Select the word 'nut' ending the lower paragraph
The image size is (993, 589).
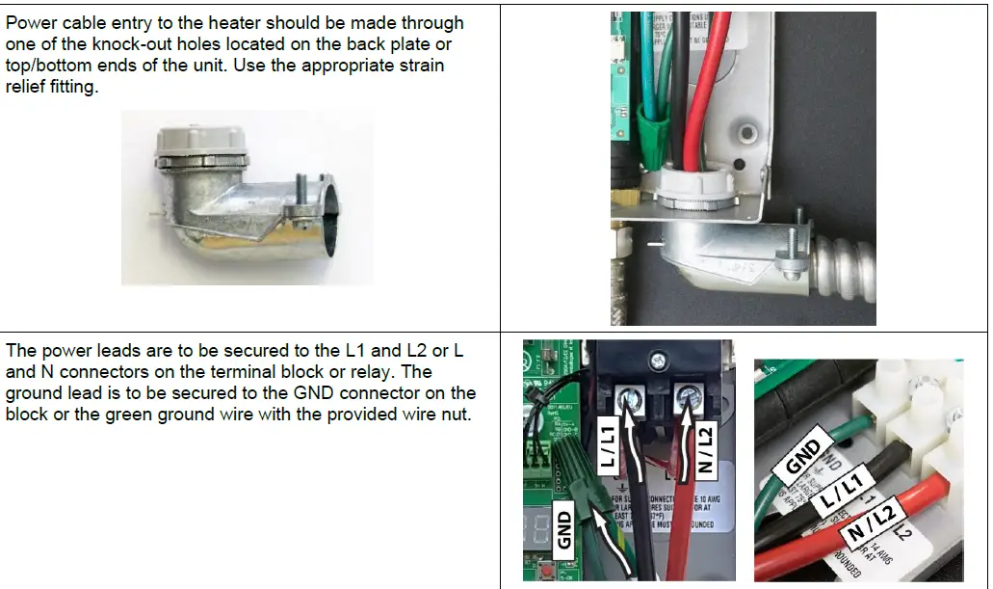pyautogui.click(x=456, y=415)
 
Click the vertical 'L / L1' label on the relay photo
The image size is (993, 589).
pyautogui.click(x=608, y=446)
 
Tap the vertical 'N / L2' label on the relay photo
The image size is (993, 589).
pyautogui.click(x=703, y=450)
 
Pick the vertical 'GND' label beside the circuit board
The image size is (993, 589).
pyautogui.click(x=565, y=531)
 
